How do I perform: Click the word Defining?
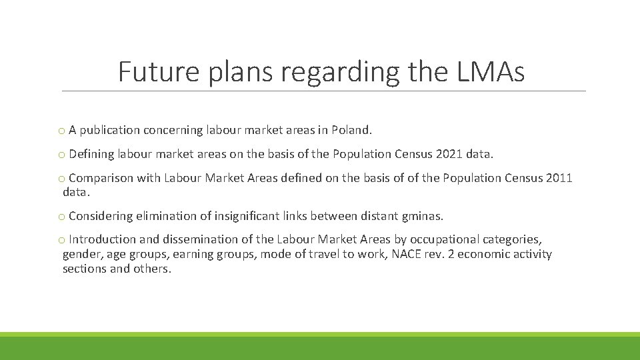click(91, 154)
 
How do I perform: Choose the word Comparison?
click(101, 178)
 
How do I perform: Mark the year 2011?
click(559, 178)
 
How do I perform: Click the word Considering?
click(101, 216)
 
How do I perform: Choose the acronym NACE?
click(407, 254)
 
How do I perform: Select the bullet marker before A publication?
click(61, 131)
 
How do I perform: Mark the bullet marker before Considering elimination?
click(61, 217)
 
